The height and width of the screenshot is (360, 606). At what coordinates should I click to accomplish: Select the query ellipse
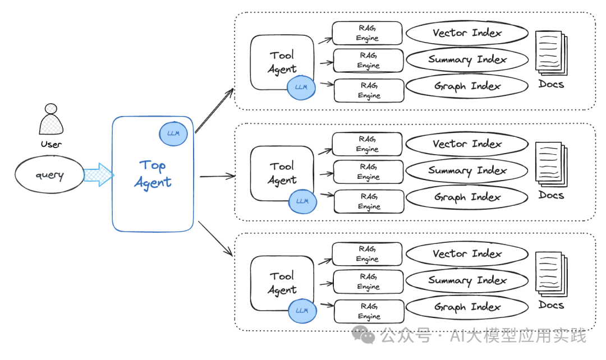[49, 175]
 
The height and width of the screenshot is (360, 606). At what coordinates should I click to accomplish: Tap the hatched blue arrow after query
[99, 175]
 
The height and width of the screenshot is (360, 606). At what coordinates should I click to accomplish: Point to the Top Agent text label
[153, 174]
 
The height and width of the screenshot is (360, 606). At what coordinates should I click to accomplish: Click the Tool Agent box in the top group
[282, 62]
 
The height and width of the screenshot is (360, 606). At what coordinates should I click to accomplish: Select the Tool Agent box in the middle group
[282, 173]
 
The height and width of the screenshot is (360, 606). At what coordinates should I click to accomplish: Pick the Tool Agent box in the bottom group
[282, 283]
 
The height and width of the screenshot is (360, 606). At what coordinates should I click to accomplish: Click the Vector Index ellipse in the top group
[466, 33]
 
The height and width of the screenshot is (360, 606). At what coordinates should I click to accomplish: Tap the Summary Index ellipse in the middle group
[466, 170]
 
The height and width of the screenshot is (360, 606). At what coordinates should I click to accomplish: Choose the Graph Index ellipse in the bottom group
[466, 307]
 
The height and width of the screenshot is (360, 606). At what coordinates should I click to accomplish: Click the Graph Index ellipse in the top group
[466, 86]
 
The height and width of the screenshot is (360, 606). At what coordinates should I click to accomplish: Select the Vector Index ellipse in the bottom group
[466, 254]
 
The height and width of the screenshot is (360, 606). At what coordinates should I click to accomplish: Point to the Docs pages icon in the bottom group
[551, 273]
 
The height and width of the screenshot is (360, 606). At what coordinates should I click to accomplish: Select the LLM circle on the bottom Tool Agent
[302, 311]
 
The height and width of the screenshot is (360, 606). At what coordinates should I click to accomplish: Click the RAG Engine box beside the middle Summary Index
[368, 172]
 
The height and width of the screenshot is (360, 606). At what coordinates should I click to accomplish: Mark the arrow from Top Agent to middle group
[217, 176]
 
